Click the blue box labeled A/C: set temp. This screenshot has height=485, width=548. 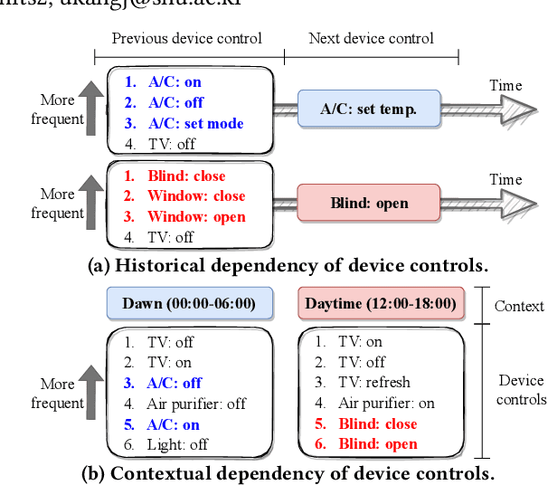pos(368,109)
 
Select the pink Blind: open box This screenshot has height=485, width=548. pos(368,204)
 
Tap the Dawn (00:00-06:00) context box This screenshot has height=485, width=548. pos(189,303)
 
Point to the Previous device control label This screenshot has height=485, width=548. pos(186,38)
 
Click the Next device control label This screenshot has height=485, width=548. pos(371,38)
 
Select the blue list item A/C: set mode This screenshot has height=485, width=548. pos(195,123)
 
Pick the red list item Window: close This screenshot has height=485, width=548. pos(196,196)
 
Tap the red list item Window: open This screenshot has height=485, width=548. pos(196,217)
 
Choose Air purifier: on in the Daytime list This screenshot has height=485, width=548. pos(386,404)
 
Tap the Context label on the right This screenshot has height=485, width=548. pos(519,306)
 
